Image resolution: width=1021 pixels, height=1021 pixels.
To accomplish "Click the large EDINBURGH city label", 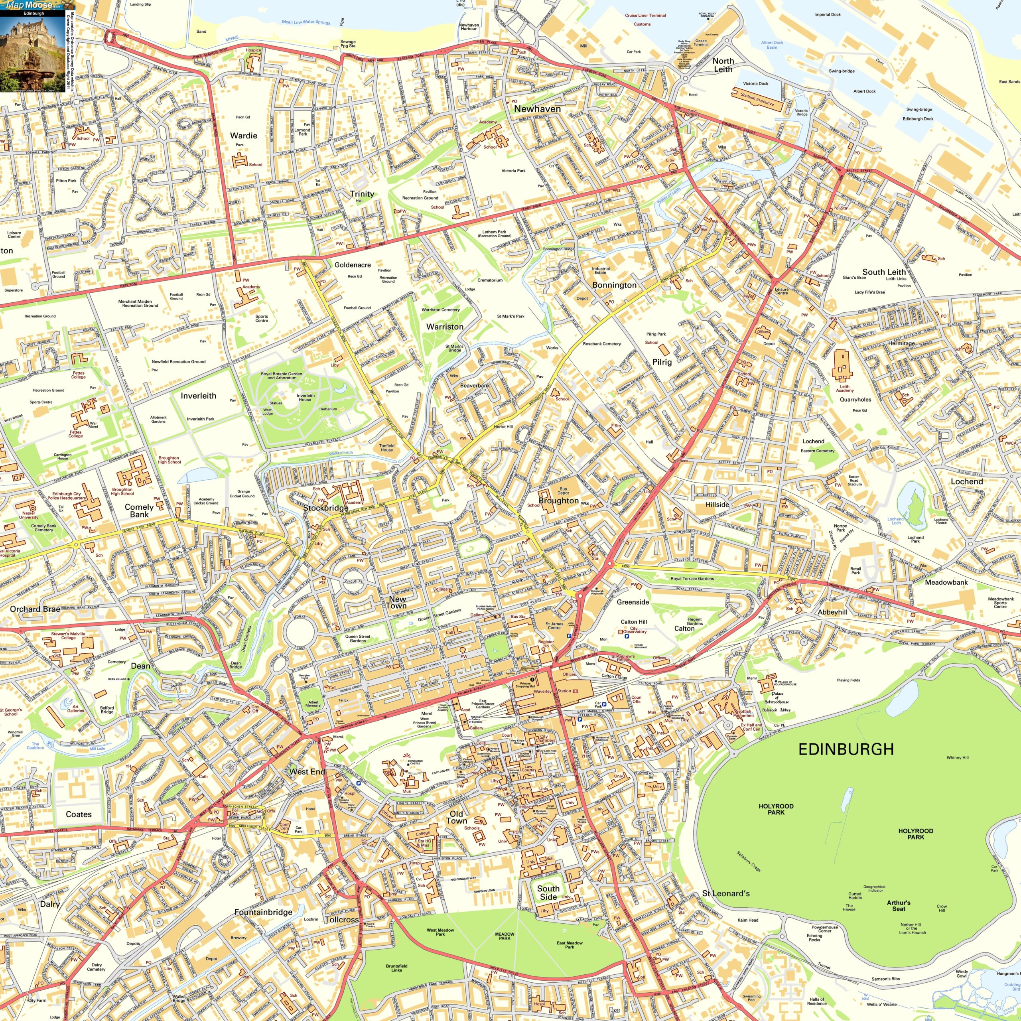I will pos(846,749).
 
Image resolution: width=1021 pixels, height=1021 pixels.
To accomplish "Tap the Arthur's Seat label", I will pos(899,906).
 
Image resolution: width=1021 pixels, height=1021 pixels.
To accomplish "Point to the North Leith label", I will pos(723,65).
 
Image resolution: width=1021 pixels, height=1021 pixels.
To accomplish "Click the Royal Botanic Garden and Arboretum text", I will pos(281,376).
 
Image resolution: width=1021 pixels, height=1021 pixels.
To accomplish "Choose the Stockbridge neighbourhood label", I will pos(325,508).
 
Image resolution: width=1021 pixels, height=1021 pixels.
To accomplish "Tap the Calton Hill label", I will pos(634,622).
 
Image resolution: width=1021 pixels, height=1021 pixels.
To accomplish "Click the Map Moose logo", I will pos(29,5).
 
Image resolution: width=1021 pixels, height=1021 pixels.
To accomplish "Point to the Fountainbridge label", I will pos(263,912).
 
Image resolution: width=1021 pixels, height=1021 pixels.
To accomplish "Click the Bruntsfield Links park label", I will pos(396,968).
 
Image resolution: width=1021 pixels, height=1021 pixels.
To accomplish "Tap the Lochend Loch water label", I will pos(895,520).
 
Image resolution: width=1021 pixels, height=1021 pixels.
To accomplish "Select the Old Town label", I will pos(456,817).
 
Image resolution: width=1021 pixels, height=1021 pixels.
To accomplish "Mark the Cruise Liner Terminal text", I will pos(645,15).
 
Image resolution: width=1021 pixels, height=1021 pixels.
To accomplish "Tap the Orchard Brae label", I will pos(35,609).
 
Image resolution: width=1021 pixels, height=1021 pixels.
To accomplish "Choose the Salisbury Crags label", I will pos(748,861).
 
